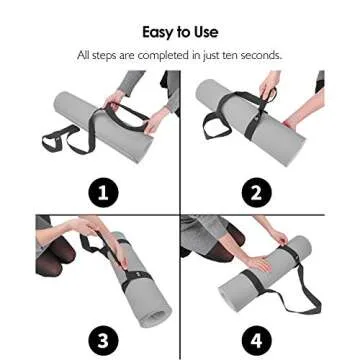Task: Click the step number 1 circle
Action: click(x=104, y=191)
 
